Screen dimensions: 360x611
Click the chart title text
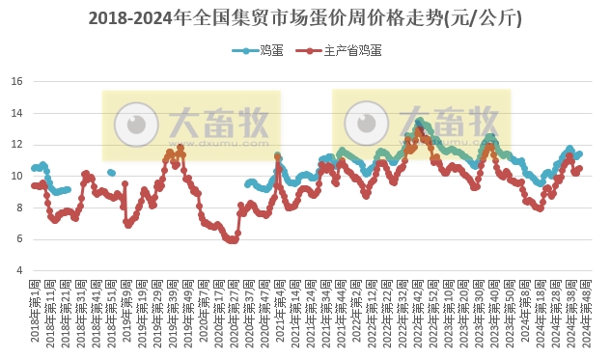305,18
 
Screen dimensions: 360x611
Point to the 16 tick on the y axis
16,81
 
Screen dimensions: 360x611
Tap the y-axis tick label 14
16,113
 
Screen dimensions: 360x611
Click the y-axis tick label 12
16,145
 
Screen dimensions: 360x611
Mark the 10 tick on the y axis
16,176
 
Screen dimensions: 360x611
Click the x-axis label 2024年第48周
586,313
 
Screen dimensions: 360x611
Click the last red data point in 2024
579,168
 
